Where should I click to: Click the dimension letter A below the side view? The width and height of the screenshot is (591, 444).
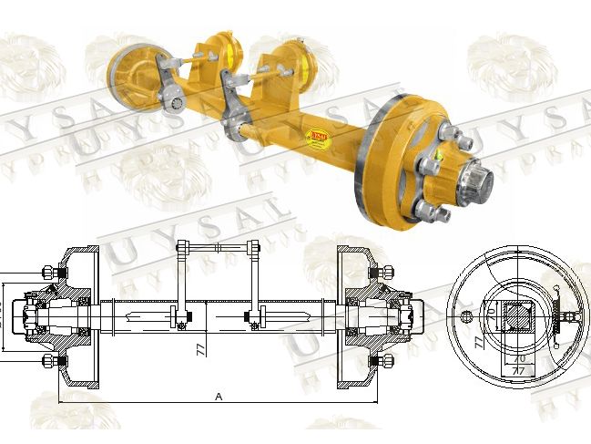(219, 396)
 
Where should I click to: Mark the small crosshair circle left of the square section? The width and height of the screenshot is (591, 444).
(468, 316)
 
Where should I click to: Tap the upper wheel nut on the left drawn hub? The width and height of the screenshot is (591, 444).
(49, 272)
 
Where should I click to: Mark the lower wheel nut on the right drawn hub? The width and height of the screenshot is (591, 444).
(386, 364)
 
